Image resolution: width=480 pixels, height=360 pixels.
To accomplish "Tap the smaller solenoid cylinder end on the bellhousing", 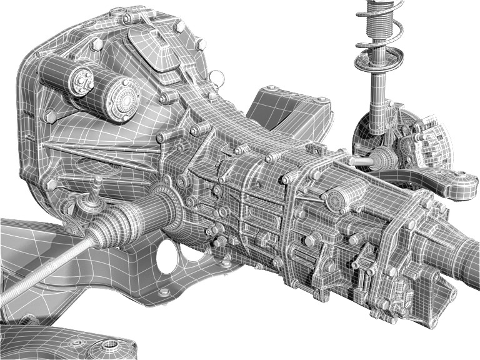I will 80,81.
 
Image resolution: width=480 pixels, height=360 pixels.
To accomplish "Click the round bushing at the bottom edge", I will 112,347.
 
